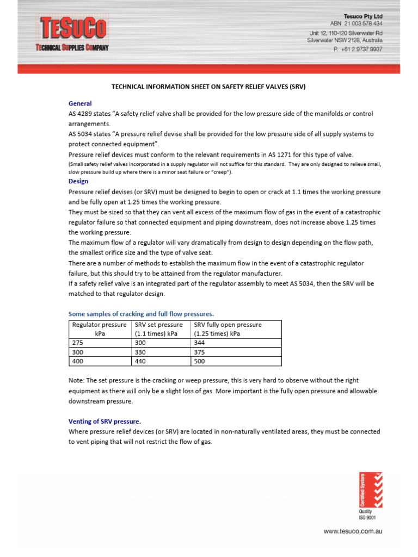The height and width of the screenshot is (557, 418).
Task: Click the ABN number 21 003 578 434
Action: [x=356, y=24]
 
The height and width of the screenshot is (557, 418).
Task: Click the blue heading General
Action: [x=80, y=103]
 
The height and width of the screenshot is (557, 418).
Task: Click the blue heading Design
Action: [x=78, y=181]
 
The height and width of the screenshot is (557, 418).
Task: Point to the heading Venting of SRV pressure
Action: [x=104, y=421]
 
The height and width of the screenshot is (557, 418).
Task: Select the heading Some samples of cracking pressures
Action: [x=141, y=314]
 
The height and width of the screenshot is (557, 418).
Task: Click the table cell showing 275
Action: [x=100, y=343]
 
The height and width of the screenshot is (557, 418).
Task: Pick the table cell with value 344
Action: [x=236, y=343]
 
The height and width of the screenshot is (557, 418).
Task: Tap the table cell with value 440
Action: [x=161, y=361]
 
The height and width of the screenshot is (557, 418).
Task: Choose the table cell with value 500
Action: [x=236, y=361]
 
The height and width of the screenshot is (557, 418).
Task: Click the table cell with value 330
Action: [x=161, y=352]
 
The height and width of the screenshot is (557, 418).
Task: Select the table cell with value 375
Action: [x=236, y=352]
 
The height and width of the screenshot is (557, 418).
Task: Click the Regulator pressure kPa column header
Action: [x=100, y=329]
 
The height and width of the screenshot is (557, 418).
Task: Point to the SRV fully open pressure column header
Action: [x=236, y=329]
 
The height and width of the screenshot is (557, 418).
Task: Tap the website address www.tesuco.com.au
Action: [x=353, y=531]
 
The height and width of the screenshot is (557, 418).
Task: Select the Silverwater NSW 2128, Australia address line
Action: [x=345, y=40]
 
